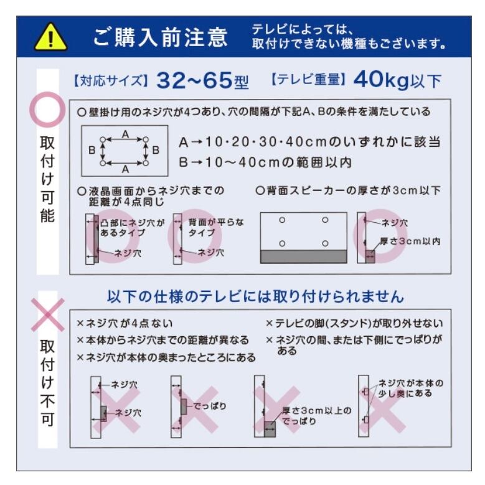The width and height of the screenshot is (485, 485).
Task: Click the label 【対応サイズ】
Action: click(x=111, y=81)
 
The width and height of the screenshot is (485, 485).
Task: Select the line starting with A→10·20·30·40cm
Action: click(x=309, y=142)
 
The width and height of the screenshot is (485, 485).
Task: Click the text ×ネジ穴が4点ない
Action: click(x=125, y=324)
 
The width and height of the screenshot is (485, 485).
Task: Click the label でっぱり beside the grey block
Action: click(x=209, y=406)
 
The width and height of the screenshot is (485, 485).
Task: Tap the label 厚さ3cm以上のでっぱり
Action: click(x=316, y=416)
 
